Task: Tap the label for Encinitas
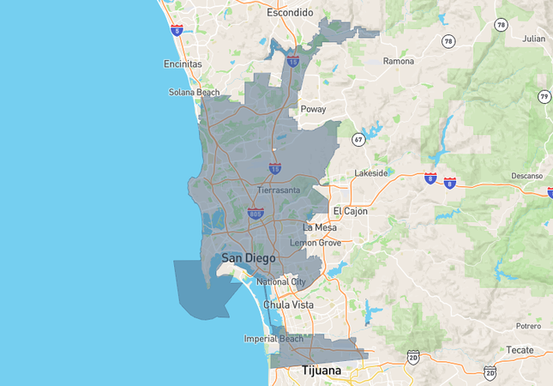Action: (183, 63)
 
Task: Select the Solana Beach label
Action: (194, 92)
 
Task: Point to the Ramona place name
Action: (398, 61)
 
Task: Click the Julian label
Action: (534, 39)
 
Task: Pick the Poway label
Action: (313, 109)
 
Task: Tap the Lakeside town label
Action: (371, 172)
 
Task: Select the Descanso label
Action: (527, 176)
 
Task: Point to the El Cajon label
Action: (350, 210)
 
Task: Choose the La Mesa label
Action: (320, 227)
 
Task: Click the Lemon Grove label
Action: (315, 243)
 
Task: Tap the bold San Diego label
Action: (249, 257)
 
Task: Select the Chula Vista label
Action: (289, 305)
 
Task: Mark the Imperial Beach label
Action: (273, 339)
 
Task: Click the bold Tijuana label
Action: (321, 371)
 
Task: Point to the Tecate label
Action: (520, 350)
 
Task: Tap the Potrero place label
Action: (528, 326)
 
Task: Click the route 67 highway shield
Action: (358, 138)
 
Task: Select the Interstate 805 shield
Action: (255, 212)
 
